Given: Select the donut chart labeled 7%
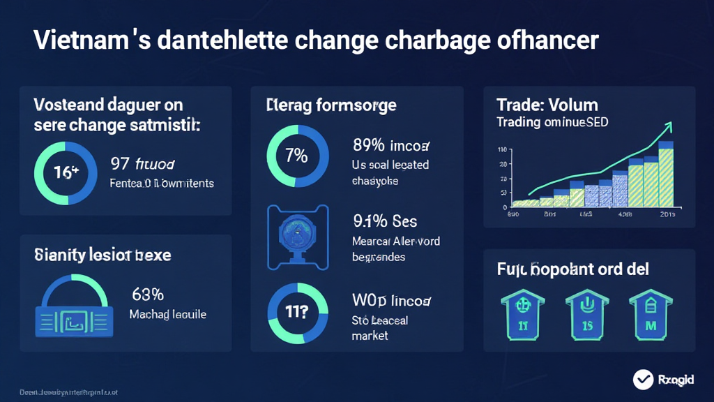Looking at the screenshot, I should tap(297, 155).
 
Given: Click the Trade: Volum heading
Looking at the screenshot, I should tap(547, 105).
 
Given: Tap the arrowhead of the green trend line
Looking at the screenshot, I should tap(669, 126).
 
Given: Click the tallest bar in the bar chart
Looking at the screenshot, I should tap(667, 174).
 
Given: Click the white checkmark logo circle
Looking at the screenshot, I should tap(643, 380).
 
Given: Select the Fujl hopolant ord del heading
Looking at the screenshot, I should tap(573, 269).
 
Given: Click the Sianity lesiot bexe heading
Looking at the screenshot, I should tap(102, 255).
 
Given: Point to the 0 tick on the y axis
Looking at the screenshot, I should tap(504, 208).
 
